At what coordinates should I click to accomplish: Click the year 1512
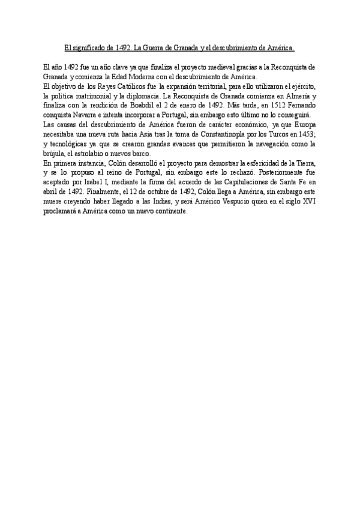(261, 106)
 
